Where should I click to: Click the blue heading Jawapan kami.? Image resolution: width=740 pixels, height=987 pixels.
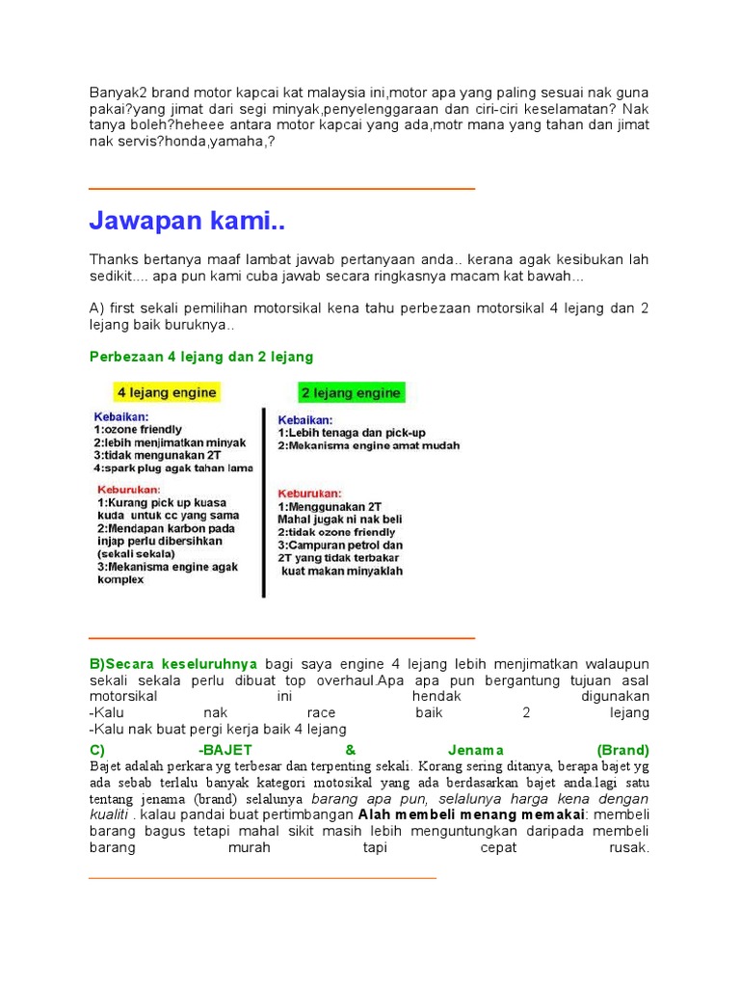pyautogui.click(x=187, y=223)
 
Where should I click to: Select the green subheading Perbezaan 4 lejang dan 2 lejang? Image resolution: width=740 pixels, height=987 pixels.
pyautogui.click(x=201, y=357)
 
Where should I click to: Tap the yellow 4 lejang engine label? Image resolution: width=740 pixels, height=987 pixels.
pyautogui.click(x=167, y=393)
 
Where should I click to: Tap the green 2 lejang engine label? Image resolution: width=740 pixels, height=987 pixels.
pyautogui.click(x=351, y=393)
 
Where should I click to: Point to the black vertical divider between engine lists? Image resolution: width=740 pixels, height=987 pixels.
pyautogui.click(x=264, y=501)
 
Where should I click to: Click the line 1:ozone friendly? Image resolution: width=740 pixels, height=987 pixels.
pyautogui.click(x=138, y=430)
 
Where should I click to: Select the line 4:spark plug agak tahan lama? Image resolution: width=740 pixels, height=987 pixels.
pyautogui.click(x=173, y=468)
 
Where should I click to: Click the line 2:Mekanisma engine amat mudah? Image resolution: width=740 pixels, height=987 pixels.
pyautogui.click(x=368, y=446)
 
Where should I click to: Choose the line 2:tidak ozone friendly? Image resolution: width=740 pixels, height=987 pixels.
pyautogui.click(x=336, y=532)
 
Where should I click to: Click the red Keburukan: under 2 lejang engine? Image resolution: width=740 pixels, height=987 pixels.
pyautogui.click(x=310, y=491)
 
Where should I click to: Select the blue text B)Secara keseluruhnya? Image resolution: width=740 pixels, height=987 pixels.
pyautogui.click(x=173, y=664)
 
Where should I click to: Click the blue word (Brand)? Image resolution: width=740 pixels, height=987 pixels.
pyautogui.click(x=622, y=750)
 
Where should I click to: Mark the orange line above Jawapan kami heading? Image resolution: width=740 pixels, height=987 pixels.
pyautogui.click(x=281, y=190)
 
